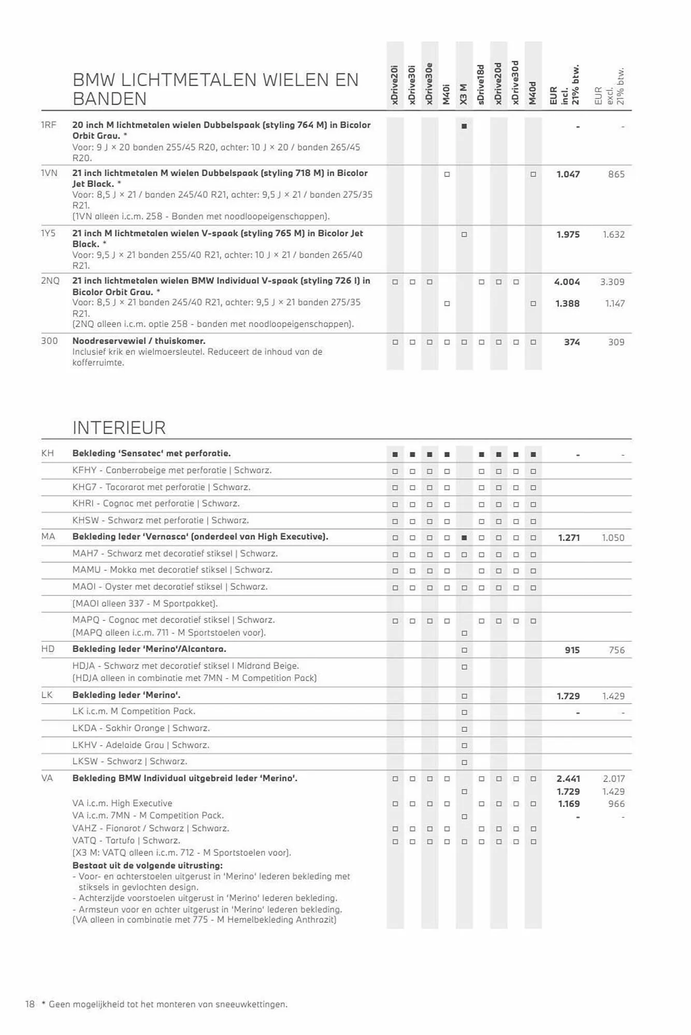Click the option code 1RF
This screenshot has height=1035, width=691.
(48, 125)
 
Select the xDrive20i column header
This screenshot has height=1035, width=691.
(395, 85)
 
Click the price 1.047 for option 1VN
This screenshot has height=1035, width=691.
(568, 174)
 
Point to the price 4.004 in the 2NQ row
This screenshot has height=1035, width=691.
(567, 282)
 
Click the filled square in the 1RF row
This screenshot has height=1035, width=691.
(464, 126)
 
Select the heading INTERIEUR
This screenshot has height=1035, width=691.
(119, 428)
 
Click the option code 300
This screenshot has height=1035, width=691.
(49, 341)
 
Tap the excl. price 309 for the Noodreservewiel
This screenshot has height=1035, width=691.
(616, 342)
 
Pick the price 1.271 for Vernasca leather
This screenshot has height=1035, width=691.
(569, 538)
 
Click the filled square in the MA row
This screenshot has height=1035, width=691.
(464, 538)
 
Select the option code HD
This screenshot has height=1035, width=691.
(48, 649)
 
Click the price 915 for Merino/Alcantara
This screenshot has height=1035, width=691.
(572, 650)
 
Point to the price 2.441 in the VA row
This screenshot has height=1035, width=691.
(568, 779)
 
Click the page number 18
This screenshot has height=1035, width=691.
(30, 1004)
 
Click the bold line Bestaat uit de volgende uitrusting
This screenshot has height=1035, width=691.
(148, 865)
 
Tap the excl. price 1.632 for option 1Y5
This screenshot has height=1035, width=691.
(613, 234)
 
